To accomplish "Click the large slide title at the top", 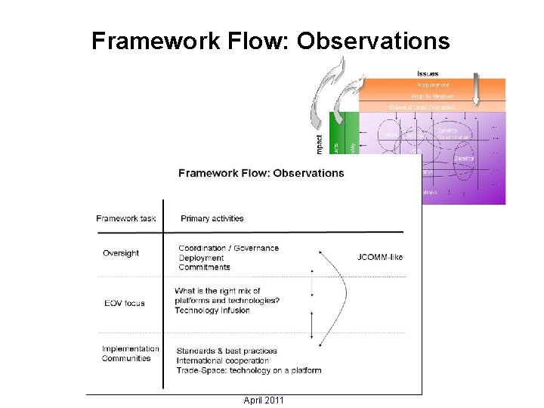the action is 270,41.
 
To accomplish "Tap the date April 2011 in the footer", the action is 264,400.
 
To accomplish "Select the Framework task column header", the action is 126,218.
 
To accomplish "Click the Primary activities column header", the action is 212,218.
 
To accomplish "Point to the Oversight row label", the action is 121,253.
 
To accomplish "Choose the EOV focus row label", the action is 124,303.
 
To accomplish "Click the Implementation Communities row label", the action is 131,354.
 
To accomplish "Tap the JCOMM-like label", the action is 380,257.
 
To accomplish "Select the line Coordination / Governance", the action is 228,248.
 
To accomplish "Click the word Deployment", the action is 202,258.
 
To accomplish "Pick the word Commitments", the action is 205,267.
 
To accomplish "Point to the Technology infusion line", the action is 212,311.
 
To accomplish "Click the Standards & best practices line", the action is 227,351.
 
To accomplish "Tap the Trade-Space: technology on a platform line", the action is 249,370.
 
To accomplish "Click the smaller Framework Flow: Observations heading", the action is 261,173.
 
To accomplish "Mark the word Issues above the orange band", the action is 428,73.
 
